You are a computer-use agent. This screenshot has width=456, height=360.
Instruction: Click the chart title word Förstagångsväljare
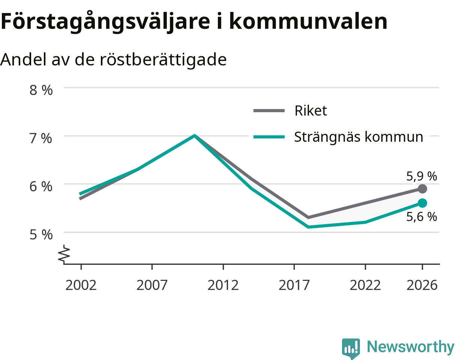coord(105,21)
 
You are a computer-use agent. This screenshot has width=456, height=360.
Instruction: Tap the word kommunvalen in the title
coord(308,21)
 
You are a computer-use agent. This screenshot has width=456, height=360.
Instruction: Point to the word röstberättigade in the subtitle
coord(163,59)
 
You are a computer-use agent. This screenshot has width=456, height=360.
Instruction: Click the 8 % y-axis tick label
coord(41,90)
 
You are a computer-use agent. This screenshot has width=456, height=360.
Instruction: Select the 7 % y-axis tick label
coord(41,138)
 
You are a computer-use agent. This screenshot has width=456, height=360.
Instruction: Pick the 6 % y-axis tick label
coord(41,187)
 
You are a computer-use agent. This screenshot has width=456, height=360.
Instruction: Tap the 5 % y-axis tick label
coord(41,235)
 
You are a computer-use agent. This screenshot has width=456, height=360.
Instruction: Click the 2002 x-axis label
coord(81,285)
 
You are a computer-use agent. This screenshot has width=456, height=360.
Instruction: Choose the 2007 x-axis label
coord(152,285)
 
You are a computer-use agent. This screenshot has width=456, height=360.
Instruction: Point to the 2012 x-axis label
coord(223,285)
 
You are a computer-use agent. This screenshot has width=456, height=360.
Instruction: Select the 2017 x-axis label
coord(294,285)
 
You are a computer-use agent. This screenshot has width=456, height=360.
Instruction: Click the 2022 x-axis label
coord(365,285)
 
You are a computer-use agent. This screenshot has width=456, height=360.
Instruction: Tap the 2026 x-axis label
coord(422,285)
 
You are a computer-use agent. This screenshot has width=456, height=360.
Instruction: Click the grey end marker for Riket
coord(422,189)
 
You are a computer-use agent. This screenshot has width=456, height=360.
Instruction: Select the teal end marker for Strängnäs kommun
coord(422,203)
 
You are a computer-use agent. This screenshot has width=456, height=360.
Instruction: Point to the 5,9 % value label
coord(421,176)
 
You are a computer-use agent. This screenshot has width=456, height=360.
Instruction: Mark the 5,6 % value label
coord(421,217)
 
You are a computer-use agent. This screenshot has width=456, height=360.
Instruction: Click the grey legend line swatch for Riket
coord(269,110)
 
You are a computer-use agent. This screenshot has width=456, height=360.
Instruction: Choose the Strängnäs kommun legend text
coord(359,137)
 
